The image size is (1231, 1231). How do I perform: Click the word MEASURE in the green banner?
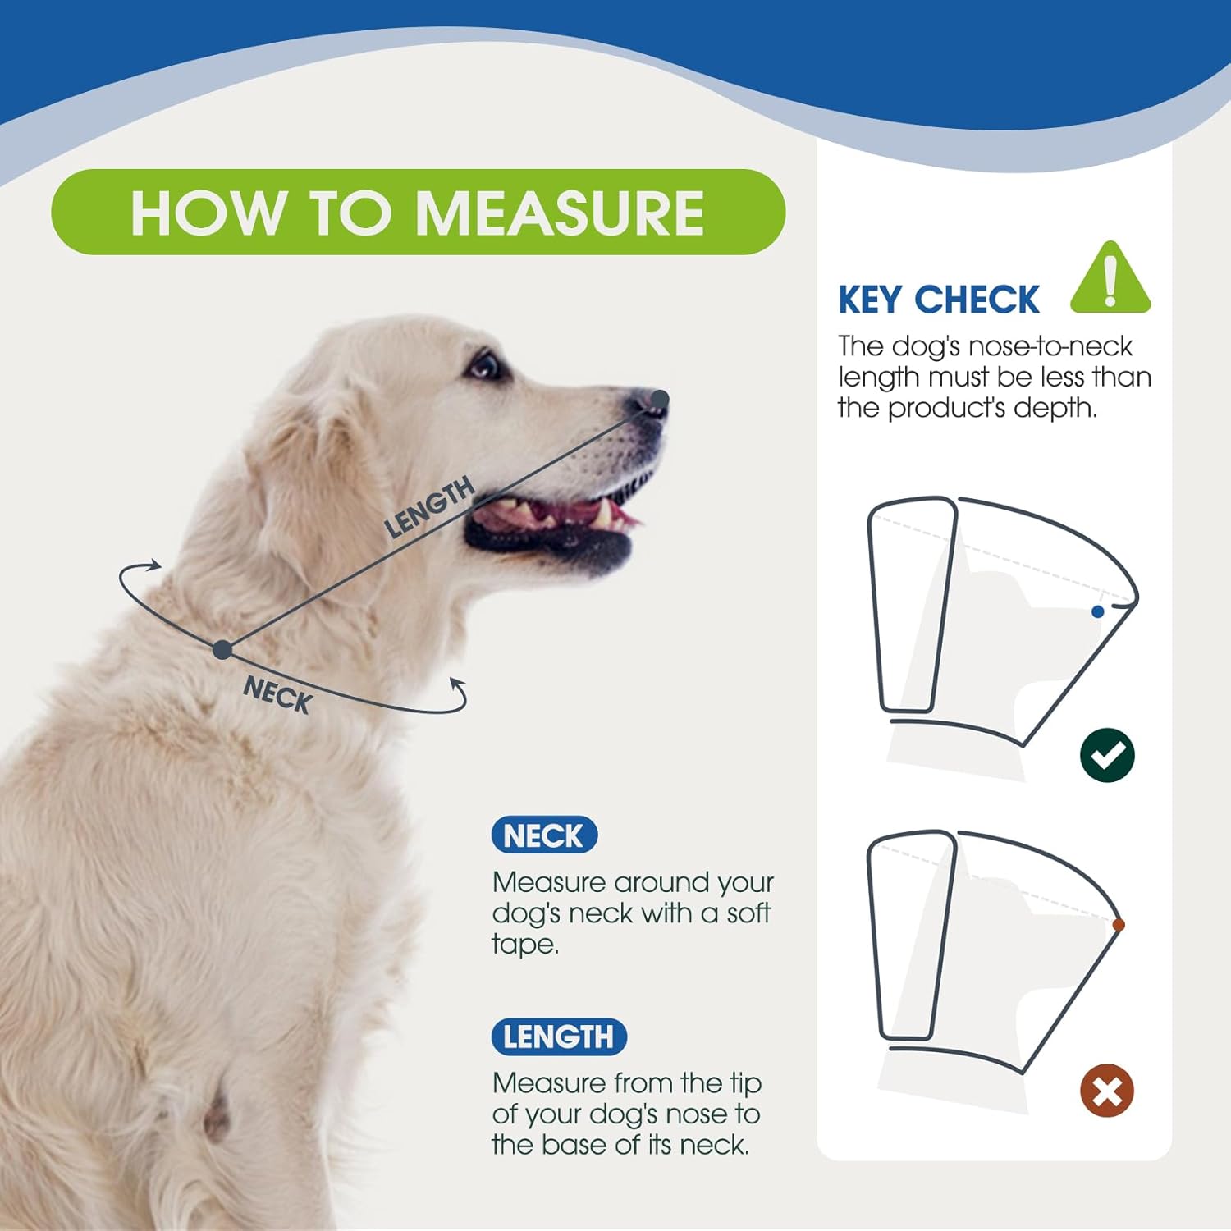coord(560,213)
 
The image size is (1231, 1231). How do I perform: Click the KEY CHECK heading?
coord(938,300)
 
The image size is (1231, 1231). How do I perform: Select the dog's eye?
coord(484,364)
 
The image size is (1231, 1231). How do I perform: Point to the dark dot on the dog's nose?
coord(660,399)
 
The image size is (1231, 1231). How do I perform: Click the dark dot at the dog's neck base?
coord(222,650)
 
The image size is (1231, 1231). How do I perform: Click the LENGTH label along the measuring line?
coord(429,506)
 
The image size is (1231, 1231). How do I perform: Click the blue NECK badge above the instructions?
coord(544,836)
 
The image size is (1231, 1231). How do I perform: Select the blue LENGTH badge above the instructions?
coord(558,1037)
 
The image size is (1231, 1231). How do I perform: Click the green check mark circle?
coord(1107,755)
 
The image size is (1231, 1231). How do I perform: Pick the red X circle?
coord(1107,1091)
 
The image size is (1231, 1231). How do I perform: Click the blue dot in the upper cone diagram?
coord(1097,611)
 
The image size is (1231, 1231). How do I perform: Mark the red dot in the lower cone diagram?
coord(1118,925)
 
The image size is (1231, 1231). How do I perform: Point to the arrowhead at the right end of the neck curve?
coord(458,684)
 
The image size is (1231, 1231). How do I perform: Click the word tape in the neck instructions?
coord(524,945)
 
